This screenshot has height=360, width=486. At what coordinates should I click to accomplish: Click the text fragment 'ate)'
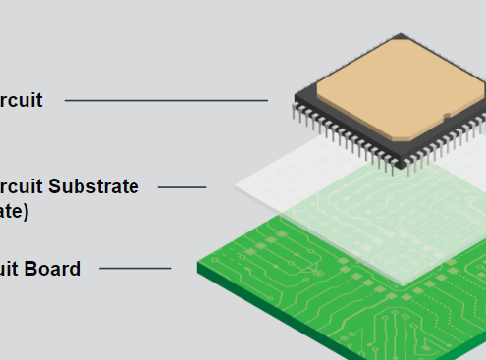[x=14, y=210]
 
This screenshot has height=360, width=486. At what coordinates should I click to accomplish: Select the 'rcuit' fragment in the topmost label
[x=21, y=100]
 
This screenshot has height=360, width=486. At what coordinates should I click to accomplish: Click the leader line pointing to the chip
[x=165, y=100]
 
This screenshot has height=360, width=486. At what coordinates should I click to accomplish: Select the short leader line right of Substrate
[x=182, y=186]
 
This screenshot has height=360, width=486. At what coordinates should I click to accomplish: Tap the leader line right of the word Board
[x=135, y=268]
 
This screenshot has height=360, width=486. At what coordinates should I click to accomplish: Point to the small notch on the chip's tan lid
[x=447, y=117]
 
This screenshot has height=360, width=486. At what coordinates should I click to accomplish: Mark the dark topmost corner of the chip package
[x=401, y=37]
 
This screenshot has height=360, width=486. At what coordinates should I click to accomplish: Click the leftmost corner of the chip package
[x=296, y=96]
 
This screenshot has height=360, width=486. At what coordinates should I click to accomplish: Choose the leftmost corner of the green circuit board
[x=198, y=265]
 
